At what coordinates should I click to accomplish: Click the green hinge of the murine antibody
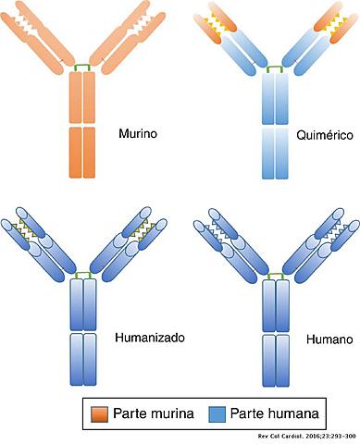click(82, 67)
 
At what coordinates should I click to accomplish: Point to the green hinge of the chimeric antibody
click(275, 68)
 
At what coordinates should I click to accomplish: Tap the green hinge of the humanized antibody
click(83, 274)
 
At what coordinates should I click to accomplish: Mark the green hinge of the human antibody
click(275, 274)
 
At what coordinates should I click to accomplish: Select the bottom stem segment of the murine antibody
click(82, 152)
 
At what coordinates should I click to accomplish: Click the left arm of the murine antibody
click(42, 37)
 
